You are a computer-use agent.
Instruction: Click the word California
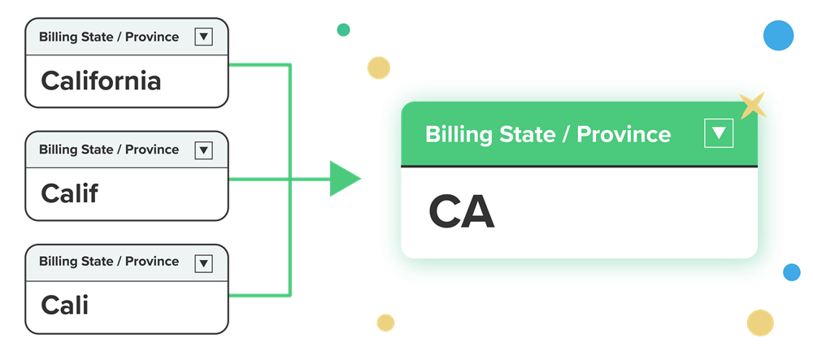pos(101,81)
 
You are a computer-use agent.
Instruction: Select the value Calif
pos(69,193)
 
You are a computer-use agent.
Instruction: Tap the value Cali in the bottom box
pos(64,306)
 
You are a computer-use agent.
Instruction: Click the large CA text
pos(461,213)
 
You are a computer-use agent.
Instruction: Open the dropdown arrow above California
pos(204,37)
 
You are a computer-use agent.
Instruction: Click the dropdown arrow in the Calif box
pos(204,150)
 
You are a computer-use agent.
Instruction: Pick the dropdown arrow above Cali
pos(204,262)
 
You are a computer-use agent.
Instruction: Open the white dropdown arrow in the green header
pos(719,133)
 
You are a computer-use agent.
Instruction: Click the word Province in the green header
pos(624,134)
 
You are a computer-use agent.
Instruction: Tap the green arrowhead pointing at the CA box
pos(344,179)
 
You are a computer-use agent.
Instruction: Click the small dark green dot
pos(343,30)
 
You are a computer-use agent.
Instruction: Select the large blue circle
pos(778,36)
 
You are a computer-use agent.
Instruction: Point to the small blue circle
pos(791,272)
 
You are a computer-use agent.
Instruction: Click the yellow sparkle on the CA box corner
pos(754,105)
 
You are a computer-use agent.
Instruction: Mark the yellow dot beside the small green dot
pos(378,67)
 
